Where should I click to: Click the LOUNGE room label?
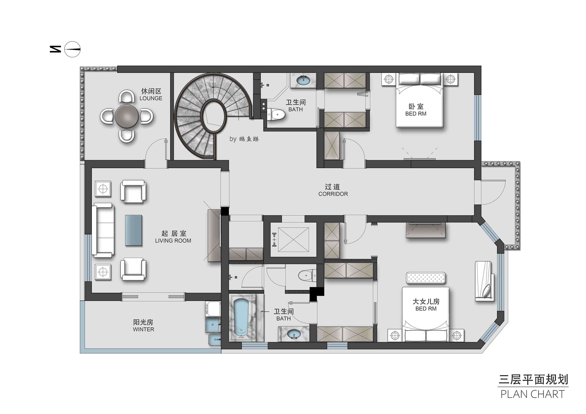pyautogui.click(x=151, y=98)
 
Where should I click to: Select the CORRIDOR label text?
pyautogui.click(x=333, y=194)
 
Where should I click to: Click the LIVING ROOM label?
pyautogui.click(x=173, y=241)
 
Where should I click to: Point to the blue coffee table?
pyautogui.click(x=133, y=231)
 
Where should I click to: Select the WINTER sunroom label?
pyautogui.click(x=143, y=329)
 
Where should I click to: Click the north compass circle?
pyautogui.click(x=72, y=49)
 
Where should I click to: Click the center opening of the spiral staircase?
pyautogui.click(x=214, y=116)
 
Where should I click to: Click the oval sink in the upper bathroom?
pyautogui.click(x=304, y=80)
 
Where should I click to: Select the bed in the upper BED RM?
pyautogui.click(x=420, y=100)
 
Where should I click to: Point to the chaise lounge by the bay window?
pyautogui.click(x=484, y=281)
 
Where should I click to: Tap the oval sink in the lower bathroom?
pyautogui.click(x=294, y=334)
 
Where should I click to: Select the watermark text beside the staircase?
pyautogui.click(x=244, y=139)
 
